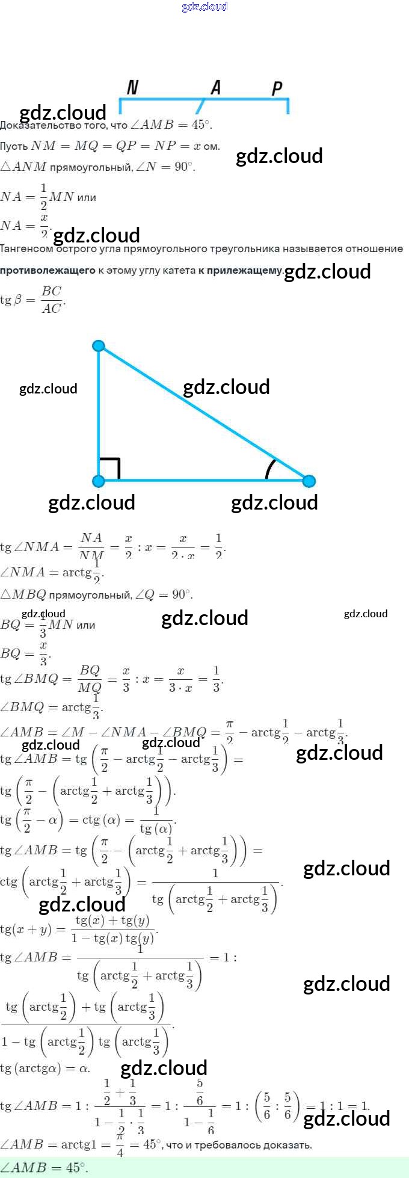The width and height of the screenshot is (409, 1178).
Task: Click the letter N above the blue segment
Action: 133,88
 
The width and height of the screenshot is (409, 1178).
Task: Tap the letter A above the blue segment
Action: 216,88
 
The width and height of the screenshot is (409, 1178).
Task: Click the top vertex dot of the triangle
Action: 99,346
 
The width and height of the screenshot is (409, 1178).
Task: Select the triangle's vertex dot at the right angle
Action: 99,481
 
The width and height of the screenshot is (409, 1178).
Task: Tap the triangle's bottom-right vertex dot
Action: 309,481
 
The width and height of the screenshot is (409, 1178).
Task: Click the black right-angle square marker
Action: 110,469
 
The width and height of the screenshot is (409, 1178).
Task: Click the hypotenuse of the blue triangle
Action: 204,414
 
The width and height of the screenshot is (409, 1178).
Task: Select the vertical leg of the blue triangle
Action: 99,415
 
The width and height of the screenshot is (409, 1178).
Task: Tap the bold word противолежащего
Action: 48,271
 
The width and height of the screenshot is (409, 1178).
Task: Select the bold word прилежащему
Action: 244,271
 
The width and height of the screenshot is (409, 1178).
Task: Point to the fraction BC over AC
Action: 52,300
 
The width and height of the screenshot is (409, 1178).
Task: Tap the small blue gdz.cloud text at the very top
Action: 204,7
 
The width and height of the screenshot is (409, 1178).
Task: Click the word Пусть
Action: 14,146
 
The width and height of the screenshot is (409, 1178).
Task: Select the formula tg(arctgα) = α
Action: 45,1069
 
